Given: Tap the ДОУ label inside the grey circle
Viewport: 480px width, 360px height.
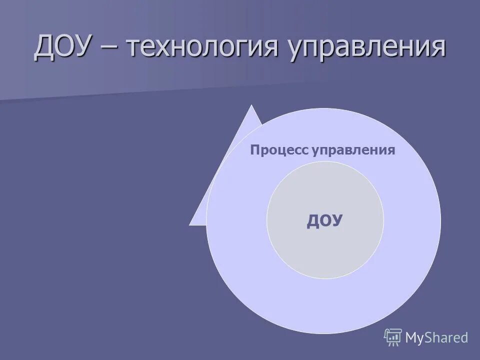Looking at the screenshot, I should (x=324, y=220).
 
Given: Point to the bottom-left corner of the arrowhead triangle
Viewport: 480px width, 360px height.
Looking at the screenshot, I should (x=190, y=224).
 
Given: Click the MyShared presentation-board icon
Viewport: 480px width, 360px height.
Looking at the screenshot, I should (x=393, y=337).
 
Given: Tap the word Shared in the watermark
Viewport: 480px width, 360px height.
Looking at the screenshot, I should (x=447, y=337).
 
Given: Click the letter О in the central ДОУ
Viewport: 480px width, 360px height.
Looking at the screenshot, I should (x=324, y=220).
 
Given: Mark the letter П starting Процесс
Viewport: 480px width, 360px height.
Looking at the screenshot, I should (x=254, y=150).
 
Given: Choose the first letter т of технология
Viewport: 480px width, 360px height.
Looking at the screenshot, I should (x=135, y=50).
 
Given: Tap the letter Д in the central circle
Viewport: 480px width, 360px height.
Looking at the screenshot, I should (x=313, y=221).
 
